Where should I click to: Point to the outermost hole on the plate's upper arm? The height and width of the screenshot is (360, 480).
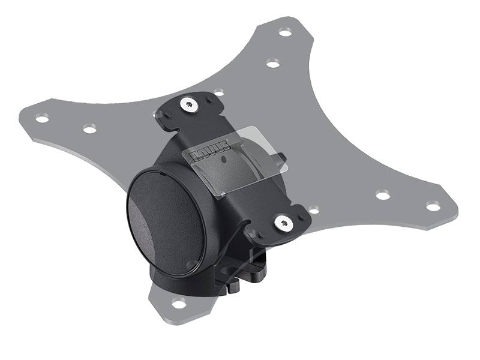tap(285, 32)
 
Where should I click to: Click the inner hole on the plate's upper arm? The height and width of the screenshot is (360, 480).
tap(272, 63)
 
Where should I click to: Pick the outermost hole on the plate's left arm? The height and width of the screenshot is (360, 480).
tap(42, 119)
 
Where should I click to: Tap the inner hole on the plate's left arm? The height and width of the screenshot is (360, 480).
tap(89, 128)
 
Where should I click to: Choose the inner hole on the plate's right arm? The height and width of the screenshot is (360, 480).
tap(382, 194)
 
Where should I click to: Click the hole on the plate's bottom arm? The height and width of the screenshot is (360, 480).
tap(179, 302)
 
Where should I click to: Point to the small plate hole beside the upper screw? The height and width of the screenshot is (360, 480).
tap(219, 92)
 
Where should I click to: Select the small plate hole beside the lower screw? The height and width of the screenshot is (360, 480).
tap(313, 210)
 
